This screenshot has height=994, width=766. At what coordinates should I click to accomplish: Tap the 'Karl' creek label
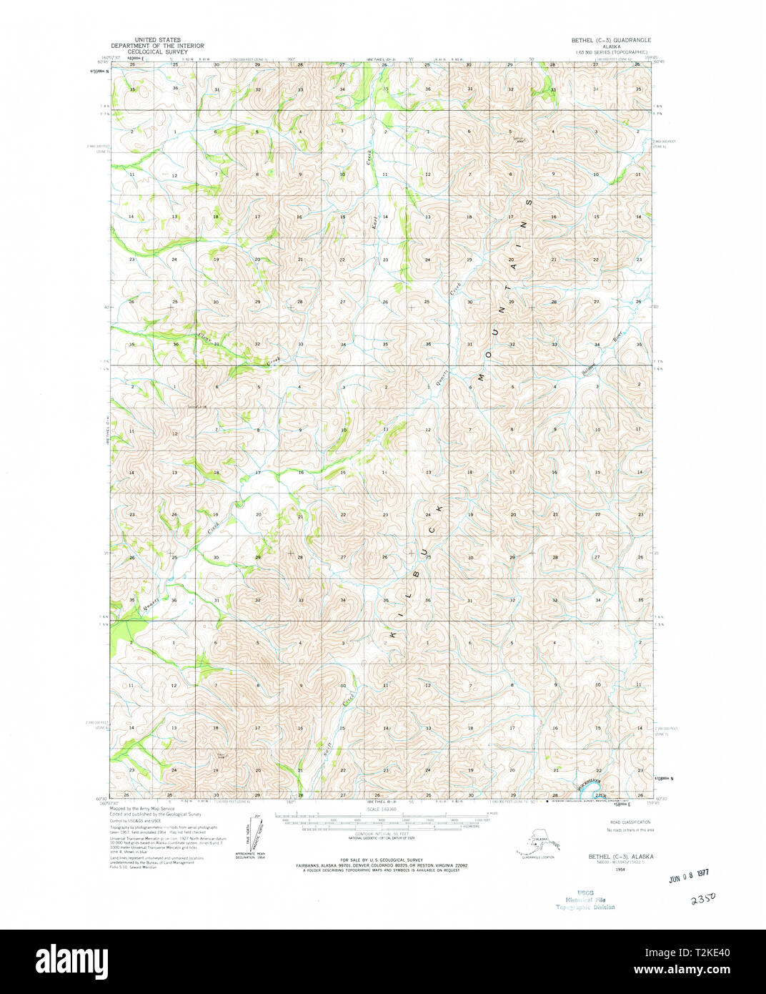tap(374, 222)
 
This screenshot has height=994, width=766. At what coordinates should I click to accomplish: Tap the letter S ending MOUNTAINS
tap(529, 203)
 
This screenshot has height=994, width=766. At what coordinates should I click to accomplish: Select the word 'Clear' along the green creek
tap(206, 335)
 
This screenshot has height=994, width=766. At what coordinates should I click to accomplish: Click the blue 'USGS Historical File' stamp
tap(585, 900)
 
